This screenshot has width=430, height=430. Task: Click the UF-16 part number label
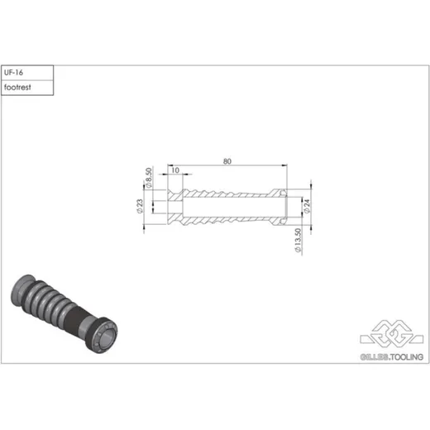coord(13,73)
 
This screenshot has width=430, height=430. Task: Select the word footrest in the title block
coord(17,88)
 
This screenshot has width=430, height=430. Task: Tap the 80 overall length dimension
coord(227,161)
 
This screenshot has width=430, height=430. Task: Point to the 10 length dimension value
coord(175,170)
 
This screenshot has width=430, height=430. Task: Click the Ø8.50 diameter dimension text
coord(149,178)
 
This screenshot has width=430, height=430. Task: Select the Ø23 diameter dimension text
coord(140,206)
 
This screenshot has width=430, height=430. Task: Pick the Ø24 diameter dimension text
coord(307,206)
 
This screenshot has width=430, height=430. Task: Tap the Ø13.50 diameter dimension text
coord(299,240)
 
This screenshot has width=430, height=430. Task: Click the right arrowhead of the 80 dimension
coord(284,165)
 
